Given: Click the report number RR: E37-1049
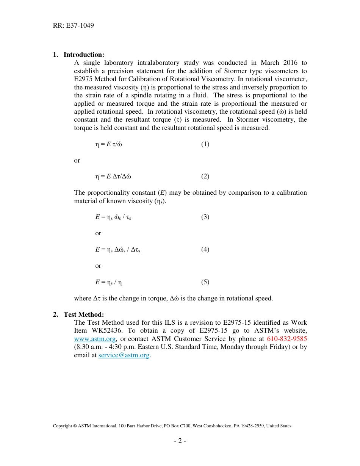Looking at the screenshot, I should (x=74, y=26).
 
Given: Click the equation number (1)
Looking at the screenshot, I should (x=205, y=144).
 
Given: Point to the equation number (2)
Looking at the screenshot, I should (x=205, y=176).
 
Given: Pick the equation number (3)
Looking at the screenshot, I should (x=205, y=217).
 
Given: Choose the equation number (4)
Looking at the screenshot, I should (x=205, y=249).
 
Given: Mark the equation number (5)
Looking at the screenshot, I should (x=205, y=282).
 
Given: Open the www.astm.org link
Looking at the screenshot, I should (x=95, y=339).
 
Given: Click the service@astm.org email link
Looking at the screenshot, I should (x=124, y=355).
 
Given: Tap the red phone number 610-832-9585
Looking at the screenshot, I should (x=287, y=339).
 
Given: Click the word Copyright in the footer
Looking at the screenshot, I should (x=62, y=426).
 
